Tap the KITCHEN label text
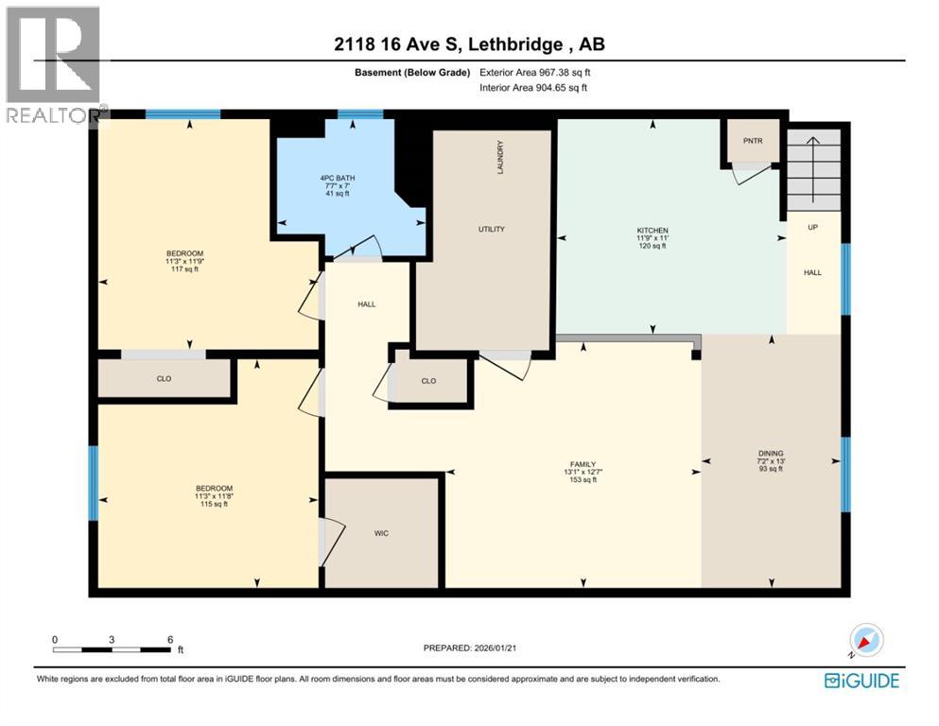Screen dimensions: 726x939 (x=652, y=231)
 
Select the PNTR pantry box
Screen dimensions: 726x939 (x=753, y=141)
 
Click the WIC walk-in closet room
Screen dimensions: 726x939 (x=381, y=533)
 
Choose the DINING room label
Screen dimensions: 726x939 (x=771, y=454)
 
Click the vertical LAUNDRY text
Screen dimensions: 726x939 (x=500, y=157)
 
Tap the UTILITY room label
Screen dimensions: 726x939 (x=491, y=229)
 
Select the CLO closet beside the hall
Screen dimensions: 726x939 (x=429, y=380)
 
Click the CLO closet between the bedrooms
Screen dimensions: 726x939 (x=164, y=378)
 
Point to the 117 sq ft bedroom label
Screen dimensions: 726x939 (x=184, y=261)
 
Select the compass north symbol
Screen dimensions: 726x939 (x=865, y=642)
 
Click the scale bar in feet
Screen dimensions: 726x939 (x=113, y=648)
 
